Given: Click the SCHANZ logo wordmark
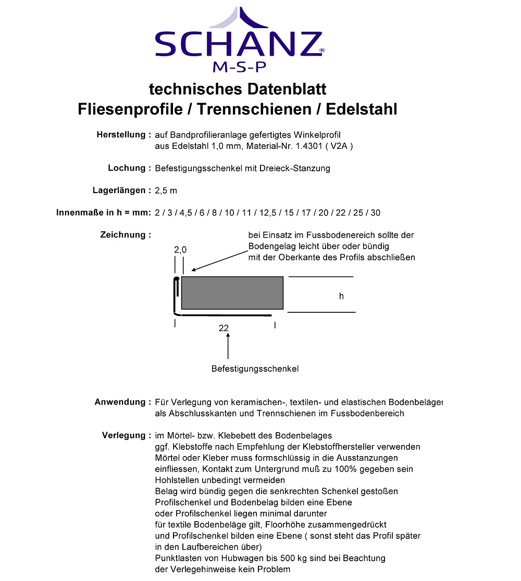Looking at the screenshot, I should (239, 44).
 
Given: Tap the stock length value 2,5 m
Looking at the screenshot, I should (166, 191).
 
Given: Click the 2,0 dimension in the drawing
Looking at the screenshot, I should (180, 250).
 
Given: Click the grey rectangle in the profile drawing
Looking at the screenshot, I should (232, 293).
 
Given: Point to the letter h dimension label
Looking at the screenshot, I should (341, 296).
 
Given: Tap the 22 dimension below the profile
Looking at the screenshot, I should (224, 328).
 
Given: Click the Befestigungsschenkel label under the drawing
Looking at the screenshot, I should (255, 369).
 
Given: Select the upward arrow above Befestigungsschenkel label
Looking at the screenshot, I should (228, 346).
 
